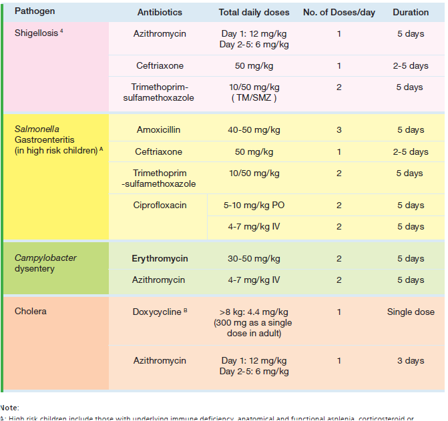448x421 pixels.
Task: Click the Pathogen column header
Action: [x=35, y=12]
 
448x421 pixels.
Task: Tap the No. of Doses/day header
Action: [x=339, y=12]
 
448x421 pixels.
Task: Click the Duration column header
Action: [x=411, y=12]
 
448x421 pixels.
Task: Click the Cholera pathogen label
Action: [x=31, y=312]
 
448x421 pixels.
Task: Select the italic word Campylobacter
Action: [x=45, y=258]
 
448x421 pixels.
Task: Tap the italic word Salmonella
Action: [x=36, y=130]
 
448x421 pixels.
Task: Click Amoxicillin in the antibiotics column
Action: [x=158, y=130]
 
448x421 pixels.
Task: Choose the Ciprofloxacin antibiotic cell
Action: [x=158, y=205]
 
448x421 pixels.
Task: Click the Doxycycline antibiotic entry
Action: [x=156, y=312]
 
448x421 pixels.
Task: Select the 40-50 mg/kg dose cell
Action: [x=253, y=130]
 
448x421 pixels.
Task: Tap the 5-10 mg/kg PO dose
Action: [x=253, y=205]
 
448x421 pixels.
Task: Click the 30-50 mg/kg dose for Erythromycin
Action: [x=253, y=259]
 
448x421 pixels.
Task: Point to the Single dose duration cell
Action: [x=411, y=312]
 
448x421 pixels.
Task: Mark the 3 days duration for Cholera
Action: [x=411, y=361]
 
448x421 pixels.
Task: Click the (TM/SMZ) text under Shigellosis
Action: [x=254, y=98]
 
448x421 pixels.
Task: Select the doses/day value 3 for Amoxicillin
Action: [x=339, y=130]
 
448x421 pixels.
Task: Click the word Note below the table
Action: [x=9, y=407]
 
